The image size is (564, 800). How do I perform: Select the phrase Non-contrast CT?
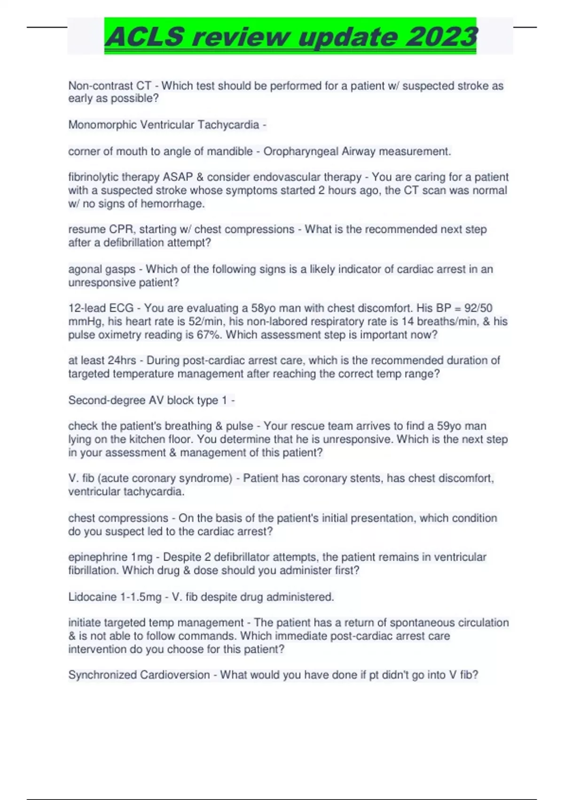click(x=110, y=86)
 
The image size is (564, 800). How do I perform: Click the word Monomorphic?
click(x=101, y=125)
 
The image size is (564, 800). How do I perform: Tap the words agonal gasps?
click(x=102, y=269)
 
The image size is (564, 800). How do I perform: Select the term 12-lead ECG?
click(x=101, y=308)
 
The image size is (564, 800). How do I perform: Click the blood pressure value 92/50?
click(x=478, y=308)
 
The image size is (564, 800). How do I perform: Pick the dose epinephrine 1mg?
click(x=110, y=557)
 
